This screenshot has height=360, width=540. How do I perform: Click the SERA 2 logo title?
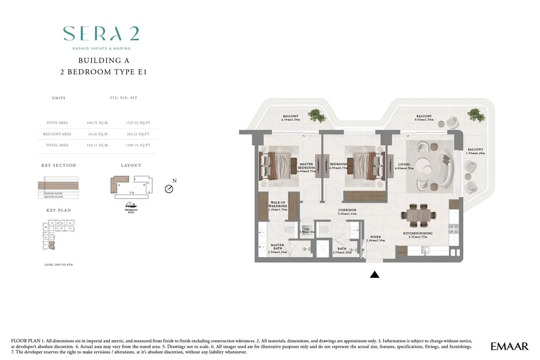click(101, 34)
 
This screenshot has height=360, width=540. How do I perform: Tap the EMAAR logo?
click(509, 347)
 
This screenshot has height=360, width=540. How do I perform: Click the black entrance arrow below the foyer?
click(374, 274)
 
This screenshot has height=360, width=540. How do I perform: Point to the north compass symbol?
click(169, 188)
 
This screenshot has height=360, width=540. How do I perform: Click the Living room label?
click(404, 166)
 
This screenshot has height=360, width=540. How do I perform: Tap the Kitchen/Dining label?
click(417, 235)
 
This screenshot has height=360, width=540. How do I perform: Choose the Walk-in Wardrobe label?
click(278, 206)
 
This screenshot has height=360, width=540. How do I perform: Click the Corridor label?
click(347, 212)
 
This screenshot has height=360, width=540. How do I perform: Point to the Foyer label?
click(375, 239)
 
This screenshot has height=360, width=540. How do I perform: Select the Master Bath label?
click(277, 248)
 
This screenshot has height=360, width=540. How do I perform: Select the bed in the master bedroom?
click(278, 165)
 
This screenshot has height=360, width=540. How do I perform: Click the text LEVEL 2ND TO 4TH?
click(59, 264)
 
